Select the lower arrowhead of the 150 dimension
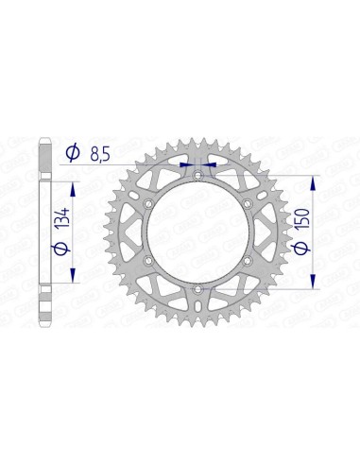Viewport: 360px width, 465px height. coord(312,284)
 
